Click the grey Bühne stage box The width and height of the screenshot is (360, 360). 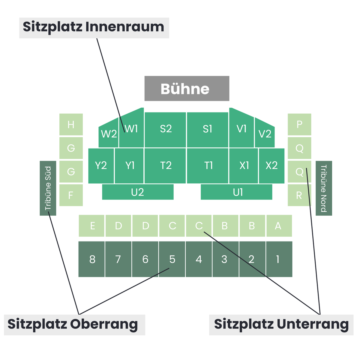click(187, 88)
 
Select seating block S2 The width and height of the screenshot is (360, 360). click(165, 130)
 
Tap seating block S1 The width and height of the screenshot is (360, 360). click(208, 130)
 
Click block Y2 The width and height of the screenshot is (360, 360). click(101, 166)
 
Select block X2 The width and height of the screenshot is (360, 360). click(271, 166)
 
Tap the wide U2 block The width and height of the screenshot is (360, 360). click(138, 192)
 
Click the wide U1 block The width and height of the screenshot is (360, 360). click(236, 192)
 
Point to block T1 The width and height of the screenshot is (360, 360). click(208, 166)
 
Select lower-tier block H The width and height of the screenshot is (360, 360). click(71, 124)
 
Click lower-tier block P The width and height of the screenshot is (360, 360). click(299, 124)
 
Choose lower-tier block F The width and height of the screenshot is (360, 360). click(71, 195)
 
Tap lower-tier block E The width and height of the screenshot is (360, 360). click(91, 226)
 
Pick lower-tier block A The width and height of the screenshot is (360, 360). click(279, 226)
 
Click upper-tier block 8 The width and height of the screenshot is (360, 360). click(91, 259)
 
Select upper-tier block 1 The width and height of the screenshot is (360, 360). click(279, 259)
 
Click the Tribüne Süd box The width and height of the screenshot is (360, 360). click(48, 188)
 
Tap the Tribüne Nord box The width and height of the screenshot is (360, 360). click(324, 188)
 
